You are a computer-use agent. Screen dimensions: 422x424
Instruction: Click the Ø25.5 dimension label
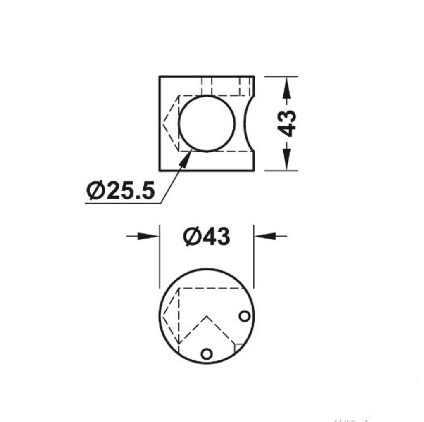(121, 191)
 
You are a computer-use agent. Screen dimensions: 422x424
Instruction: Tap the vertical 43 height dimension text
(286, 123)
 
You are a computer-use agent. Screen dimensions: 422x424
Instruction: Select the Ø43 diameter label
(207, 237)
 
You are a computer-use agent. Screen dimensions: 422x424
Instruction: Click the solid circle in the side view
(207, 123)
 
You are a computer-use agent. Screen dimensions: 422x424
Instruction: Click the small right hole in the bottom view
(245, 316)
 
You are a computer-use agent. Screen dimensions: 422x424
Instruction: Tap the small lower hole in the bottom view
(207, 354)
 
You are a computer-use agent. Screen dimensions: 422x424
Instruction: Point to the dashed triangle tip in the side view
(163, 123)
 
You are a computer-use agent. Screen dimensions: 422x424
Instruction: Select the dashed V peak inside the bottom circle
(207, 317)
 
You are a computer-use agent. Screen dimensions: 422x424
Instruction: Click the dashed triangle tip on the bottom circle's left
(162, 316)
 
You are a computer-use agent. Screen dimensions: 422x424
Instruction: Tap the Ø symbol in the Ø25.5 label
(95, 191)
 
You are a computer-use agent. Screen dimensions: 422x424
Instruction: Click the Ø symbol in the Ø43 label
(192, 237)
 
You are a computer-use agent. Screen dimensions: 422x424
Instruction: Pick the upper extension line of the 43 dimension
(281, 77)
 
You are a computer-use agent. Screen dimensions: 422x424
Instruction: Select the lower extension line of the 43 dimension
(281, 170)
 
